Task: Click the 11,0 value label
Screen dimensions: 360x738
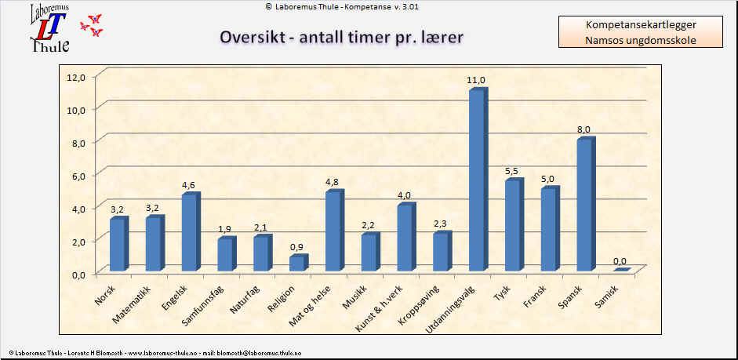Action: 476,81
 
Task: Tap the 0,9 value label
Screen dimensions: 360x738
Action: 296,247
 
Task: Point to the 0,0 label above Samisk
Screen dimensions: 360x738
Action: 620,261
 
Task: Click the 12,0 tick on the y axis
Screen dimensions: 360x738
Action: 76,77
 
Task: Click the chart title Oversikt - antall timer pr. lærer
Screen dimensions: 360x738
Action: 340,38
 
